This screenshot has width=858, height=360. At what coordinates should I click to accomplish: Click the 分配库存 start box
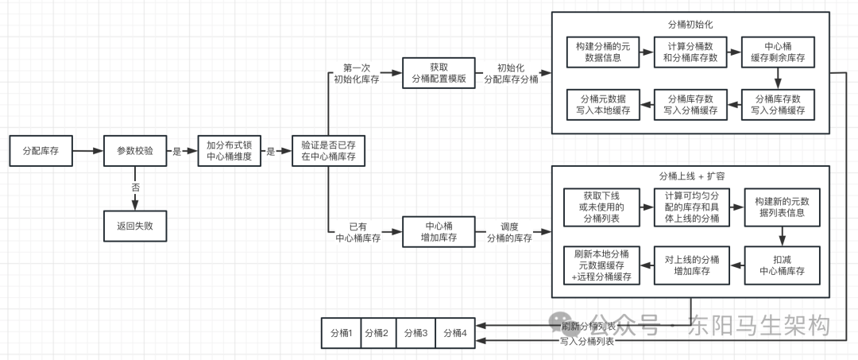(40, 150)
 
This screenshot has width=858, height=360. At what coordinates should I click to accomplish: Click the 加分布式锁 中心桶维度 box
(230, 150)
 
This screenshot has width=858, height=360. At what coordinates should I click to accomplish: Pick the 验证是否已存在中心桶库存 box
(328, 150)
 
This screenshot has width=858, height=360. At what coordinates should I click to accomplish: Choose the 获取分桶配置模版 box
(439, 73)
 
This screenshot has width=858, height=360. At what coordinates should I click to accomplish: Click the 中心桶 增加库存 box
(439, 230)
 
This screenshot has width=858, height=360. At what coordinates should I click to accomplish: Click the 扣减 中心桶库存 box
(783, 265)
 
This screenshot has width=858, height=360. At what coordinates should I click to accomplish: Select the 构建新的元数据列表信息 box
(783, 209)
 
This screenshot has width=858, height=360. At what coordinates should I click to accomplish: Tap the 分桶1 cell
(340, 333)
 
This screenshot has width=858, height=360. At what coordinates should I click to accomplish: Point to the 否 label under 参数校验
(135, 188)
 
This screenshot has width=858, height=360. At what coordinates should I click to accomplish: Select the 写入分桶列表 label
(587, 341)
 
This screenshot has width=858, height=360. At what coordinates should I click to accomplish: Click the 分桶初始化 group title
(690, 25)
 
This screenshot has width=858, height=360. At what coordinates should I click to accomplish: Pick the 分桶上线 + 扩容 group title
(690, 176)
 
